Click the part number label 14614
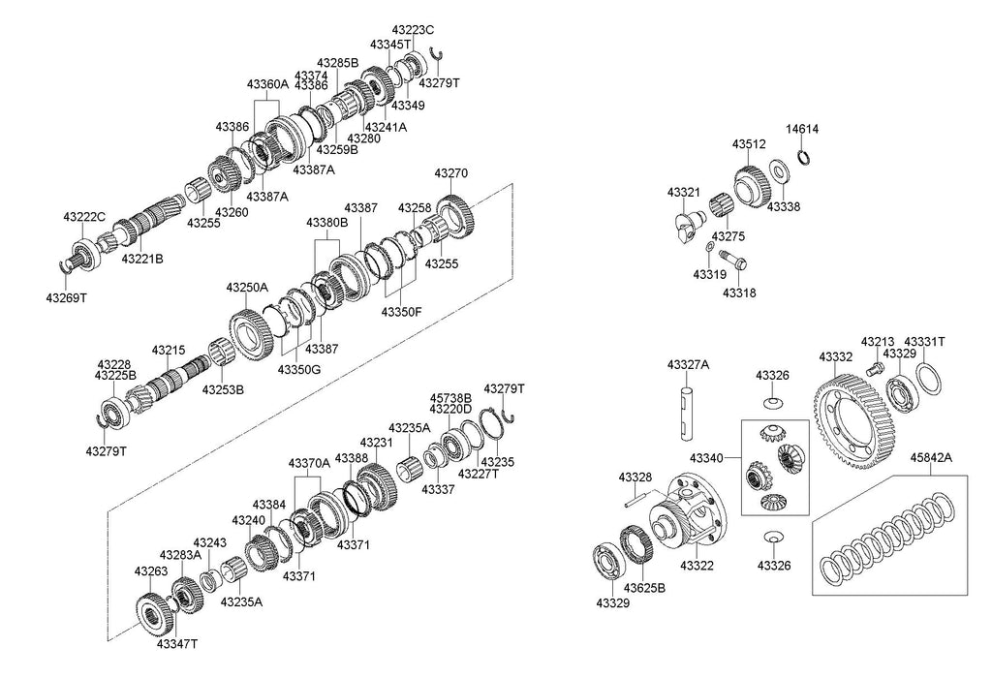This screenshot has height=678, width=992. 801,128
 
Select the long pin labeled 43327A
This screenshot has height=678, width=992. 687,411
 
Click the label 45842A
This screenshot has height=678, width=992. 930,458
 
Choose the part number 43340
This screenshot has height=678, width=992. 706,457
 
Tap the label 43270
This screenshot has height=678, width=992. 450,173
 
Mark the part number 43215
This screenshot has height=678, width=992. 167,350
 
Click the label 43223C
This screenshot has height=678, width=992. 415,29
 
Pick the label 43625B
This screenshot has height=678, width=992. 644,588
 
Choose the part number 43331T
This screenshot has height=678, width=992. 924,342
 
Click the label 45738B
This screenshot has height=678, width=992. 450,397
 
